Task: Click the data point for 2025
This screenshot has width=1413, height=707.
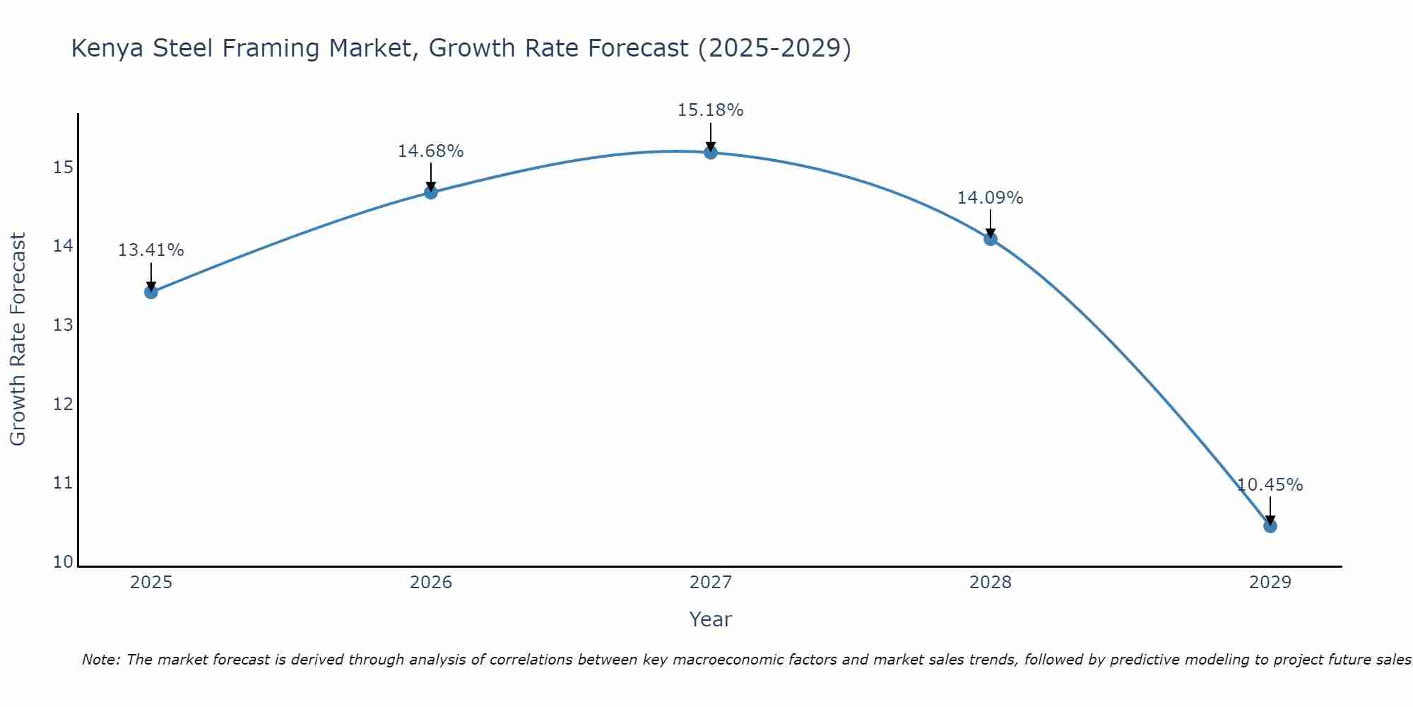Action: point(151,292)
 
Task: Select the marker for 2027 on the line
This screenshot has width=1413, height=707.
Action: point(711,152)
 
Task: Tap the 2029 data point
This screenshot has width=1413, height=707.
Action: point(1270,526)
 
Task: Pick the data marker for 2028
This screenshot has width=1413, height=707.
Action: point(991,239)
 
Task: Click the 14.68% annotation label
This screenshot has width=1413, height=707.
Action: point(430,151)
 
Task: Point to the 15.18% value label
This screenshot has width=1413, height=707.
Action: point(710,110)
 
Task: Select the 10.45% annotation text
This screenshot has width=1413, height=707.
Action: point(1270,485)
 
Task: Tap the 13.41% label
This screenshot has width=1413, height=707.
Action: point(150,250)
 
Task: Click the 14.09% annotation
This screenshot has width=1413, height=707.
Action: point(990,198)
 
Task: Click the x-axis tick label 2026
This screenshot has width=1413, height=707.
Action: point(431,583)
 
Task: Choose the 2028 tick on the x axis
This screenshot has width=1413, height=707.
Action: point(991,583)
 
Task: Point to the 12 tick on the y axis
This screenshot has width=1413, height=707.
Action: point(64,404)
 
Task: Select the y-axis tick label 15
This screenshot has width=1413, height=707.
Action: point(64,168)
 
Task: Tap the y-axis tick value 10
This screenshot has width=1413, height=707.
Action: point(64,562)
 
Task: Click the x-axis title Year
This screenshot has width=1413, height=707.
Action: point(710,619)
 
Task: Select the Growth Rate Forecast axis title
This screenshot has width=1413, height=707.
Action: point(18,339)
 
